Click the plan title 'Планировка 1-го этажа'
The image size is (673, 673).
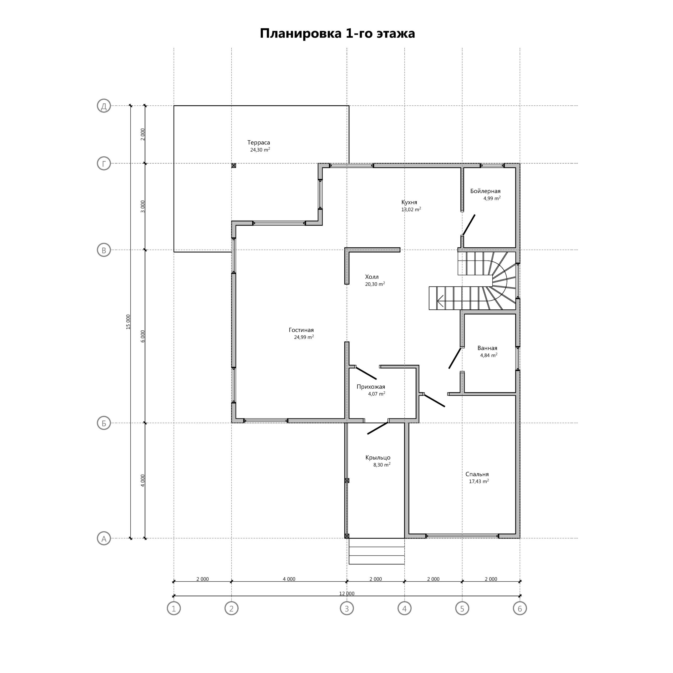click(337, 33)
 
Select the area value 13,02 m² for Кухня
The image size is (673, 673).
click(411, 209)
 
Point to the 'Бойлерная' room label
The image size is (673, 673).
click(485, 191)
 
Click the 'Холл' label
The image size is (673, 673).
click(372, 277)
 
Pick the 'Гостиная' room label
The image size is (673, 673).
click(301, 330)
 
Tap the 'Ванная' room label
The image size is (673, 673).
click(487, 348)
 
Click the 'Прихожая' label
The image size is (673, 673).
click(371, 387)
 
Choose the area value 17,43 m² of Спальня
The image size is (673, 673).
click(479, 481)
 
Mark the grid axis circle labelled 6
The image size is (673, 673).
click(520, 609)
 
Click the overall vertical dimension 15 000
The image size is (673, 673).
click(128, 322)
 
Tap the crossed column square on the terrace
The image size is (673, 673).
click(233, 166)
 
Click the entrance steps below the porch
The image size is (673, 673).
click(376, 551)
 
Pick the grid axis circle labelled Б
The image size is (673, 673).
click(104, 423)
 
